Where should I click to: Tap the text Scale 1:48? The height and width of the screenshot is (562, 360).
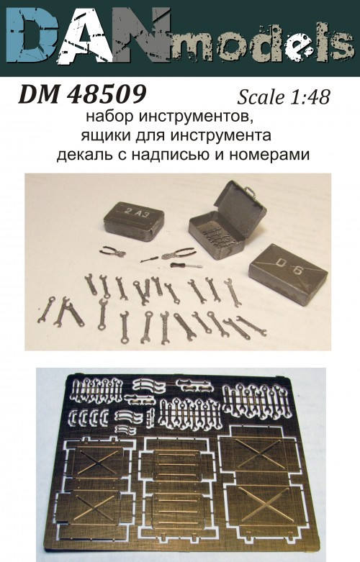coord(283,96)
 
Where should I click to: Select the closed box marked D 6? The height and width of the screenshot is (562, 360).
coord(287,267)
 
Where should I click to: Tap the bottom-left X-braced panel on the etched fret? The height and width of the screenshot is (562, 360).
coord(100,512)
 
